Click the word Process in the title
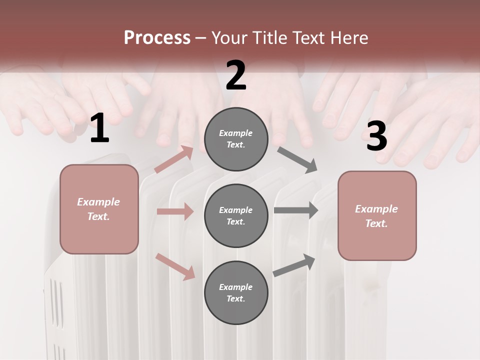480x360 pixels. [x=157, y=38]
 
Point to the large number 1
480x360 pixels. [x=99, y=129]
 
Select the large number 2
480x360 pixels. [x=236, y=75]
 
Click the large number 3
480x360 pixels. [x=376, y=136]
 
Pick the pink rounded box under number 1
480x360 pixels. [x=99, y=209]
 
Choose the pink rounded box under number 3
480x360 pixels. [x=377, y=216]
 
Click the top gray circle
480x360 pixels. [x=236, y=139]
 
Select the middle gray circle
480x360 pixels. [x=236, y=215]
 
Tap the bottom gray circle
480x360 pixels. [x=236, y=292]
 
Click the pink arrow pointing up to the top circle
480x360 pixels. [x=174, y=159]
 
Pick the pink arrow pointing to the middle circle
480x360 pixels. [x=175, y=211]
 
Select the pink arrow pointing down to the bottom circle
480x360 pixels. [x=175, y=266]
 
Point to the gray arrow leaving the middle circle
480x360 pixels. [x=296, y=210]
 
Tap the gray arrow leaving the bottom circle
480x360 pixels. [x=294, y=265]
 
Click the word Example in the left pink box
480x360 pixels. [x=98, y=202]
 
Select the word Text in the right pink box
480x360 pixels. [x=376, y=223]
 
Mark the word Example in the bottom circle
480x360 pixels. [x=235, y=287]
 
